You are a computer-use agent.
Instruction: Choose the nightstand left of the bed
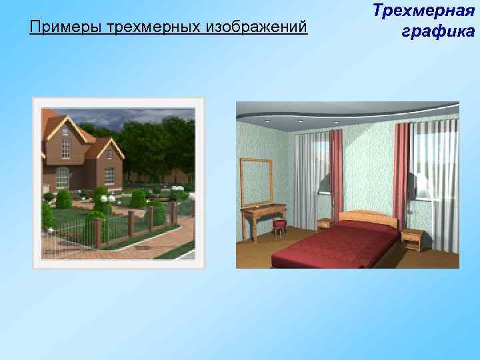[x=325, y=223]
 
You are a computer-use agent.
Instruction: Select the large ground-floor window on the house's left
[x=61, y=178]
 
